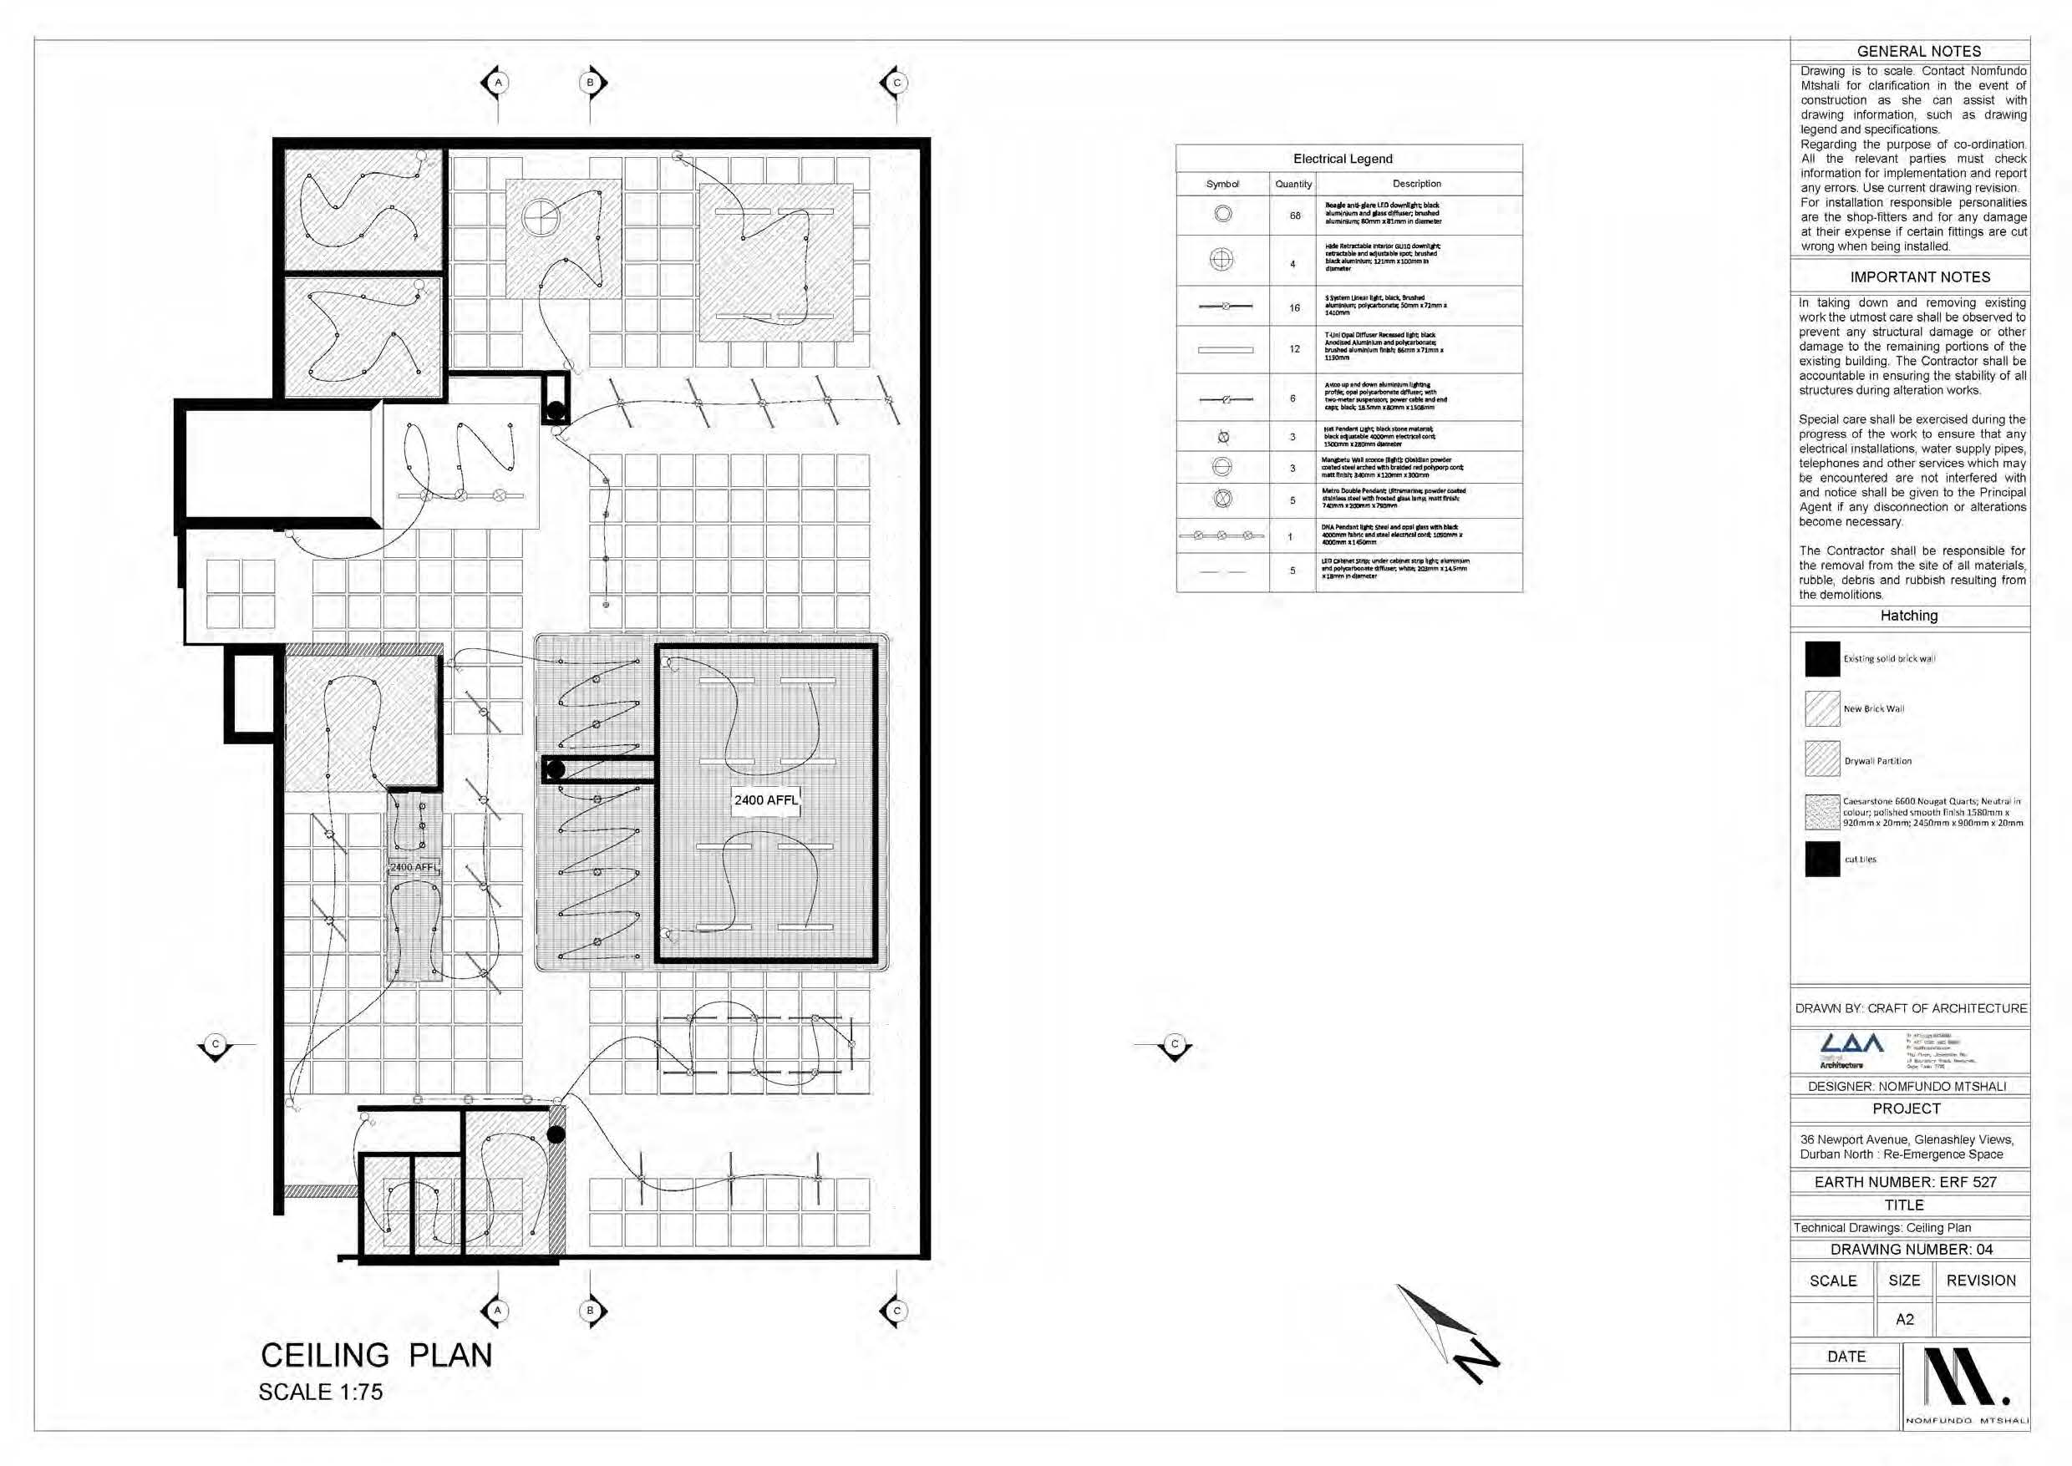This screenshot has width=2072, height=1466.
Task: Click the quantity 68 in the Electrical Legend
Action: [1295, 216]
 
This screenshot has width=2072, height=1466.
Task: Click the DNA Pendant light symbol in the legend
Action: [1221, 535]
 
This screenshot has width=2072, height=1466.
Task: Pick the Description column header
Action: [1416, 183]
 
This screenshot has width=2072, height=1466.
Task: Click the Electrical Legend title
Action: [1343, 159]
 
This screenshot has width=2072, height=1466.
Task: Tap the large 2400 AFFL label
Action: [765, 799]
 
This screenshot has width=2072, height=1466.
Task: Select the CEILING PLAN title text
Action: [377, 1355]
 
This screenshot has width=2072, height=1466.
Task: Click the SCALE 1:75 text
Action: [321, 1392]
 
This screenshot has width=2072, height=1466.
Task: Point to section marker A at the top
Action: [497, 82]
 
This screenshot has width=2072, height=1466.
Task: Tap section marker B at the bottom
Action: [591, 1310]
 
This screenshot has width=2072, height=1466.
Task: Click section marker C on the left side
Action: [215, 1044]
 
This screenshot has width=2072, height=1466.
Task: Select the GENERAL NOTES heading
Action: [1918, 52]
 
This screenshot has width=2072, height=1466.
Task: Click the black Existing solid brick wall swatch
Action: [1822, 658]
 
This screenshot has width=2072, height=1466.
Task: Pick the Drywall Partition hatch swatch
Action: [1822, 759]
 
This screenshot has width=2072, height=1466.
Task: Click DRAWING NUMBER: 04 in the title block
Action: [1912, 1250]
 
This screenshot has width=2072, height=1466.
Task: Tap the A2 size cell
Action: [1904, 1319]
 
